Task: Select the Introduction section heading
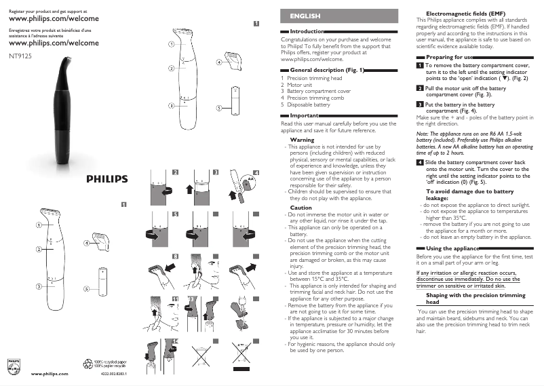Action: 307,32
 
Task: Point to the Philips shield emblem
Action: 14,366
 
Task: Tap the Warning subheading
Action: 301,139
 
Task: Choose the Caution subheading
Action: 300,208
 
